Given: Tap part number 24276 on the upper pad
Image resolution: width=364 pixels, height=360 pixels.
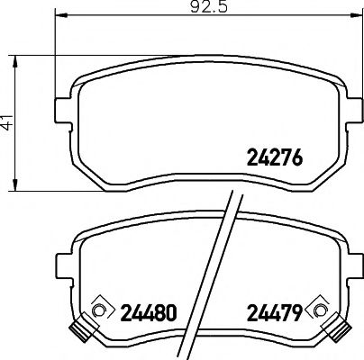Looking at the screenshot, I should point(273,157).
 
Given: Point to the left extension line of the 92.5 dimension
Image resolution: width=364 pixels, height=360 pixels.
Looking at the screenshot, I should point(56,54).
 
